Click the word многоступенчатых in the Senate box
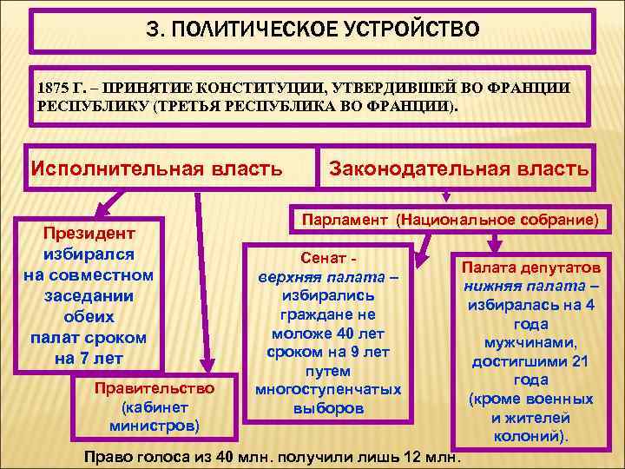click(x=328, y=389)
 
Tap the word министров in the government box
click(x=155, y=426)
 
